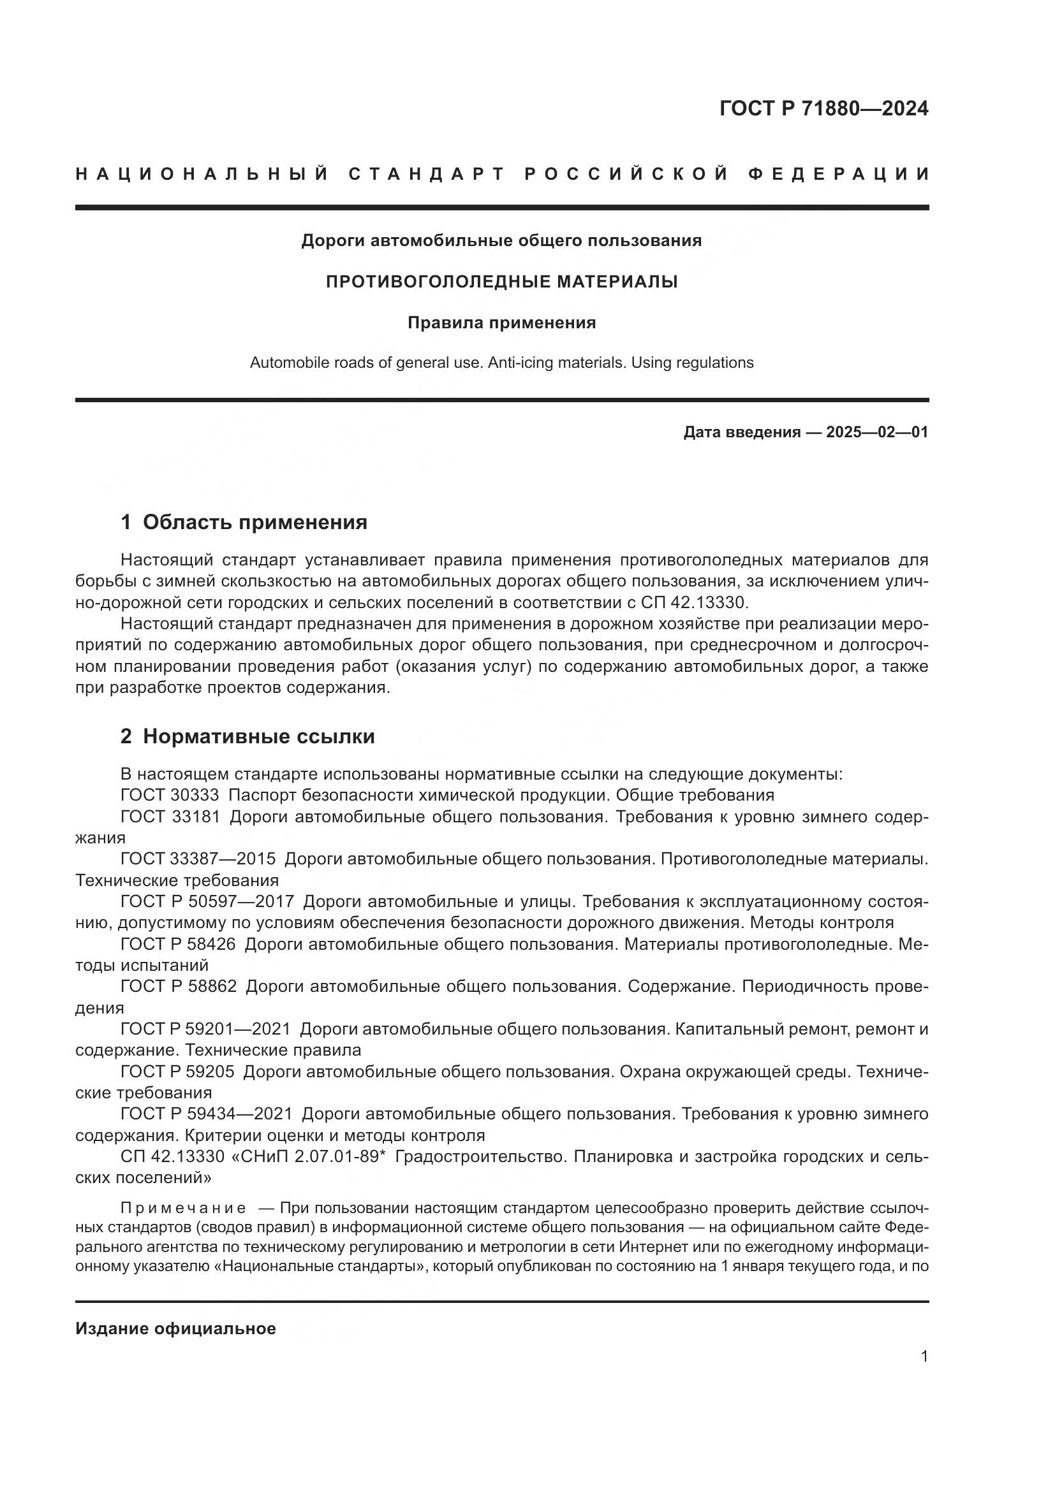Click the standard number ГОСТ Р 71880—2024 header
(x=823, y=108)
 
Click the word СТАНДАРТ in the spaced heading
(x=427, y=174)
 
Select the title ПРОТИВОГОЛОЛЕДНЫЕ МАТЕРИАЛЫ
(x=501, y=282)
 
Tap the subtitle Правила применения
(x=501, y=323)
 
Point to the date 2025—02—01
(x=877, y=432)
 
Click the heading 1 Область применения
(x=244, y=522)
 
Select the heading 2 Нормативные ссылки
(x=247, y=736)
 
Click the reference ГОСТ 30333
(x=170, y=796)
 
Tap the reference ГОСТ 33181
(x=170, y=817)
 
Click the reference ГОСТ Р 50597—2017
(x=207, y=902)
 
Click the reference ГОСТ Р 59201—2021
(x=206, y=1029)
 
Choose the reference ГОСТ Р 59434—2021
(x=206, y=1114)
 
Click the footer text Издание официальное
(x=175, y=1328)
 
